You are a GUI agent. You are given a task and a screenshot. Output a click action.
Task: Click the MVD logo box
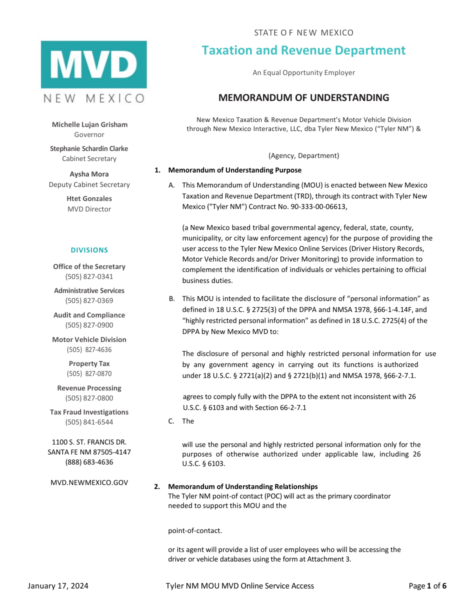(94, 64)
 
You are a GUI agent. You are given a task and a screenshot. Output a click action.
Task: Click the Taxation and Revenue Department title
(303, 50)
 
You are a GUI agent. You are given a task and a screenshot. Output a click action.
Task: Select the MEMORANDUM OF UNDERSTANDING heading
(303, 97)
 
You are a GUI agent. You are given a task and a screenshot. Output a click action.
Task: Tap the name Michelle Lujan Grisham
(89, 124)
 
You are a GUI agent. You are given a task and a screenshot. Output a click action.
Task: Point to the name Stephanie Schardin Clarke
(89, 148)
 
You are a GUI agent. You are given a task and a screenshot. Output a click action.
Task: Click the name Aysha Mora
(89, 174)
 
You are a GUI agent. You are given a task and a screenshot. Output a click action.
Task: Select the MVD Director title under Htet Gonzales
(89, 209)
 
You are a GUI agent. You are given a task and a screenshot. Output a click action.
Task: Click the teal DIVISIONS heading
(89, 250)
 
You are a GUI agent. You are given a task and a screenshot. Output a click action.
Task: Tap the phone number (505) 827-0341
(89, 276)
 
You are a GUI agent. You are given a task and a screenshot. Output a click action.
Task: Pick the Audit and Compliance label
(89, 315)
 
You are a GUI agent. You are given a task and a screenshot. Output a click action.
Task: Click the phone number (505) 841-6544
(89, 422)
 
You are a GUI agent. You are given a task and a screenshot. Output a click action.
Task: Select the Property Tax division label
(89, 363)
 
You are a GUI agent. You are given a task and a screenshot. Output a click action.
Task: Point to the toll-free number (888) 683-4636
(89, 462)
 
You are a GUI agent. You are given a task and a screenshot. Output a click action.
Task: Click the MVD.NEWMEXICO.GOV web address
(89, 482)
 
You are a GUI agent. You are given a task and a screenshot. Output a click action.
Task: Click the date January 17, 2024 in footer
(58, 586)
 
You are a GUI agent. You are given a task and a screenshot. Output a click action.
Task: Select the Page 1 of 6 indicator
(427, 586)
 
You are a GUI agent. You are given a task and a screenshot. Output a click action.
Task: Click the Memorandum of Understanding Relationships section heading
(242, 486)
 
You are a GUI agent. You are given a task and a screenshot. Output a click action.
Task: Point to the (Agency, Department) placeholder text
(303, 155)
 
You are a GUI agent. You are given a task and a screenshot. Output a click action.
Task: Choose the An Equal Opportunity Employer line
(303, 72)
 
